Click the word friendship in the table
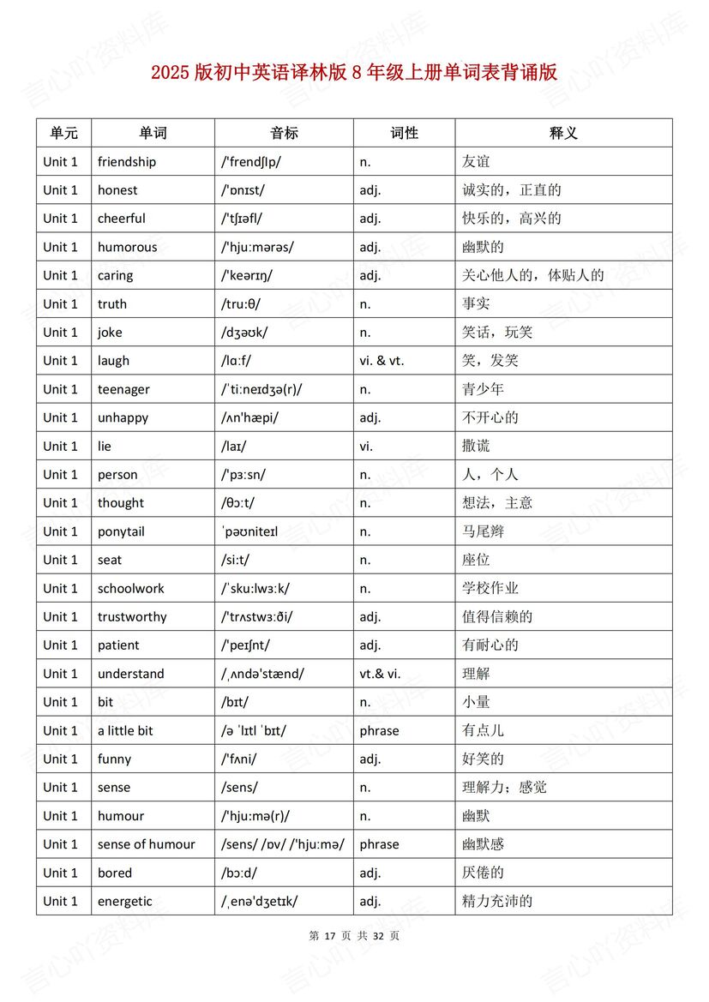pos(127,162)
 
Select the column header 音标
pos(284,133)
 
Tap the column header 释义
pos(563,133)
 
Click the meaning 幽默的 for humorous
pos(483,247)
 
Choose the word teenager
pos(123,389)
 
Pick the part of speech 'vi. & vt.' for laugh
pos(382,361)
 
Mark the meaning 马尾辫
pos(483,531)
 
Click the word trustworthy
pos(132,616)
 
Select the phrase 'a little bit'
pos(125,730)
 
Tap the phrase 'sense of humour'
pos(147,844)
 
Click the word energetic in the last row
pos(124,901)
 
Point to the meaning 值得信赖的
pos(497,616)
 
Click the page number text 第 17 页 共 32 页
pos(353,936)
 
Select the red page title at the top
pos(354,73)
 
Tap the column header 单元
pos(63,133)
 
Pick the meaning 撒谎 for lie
pos(476,446)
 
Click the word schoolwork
pos(130,588)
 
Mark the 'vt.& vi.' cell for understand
pos(380,674)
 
